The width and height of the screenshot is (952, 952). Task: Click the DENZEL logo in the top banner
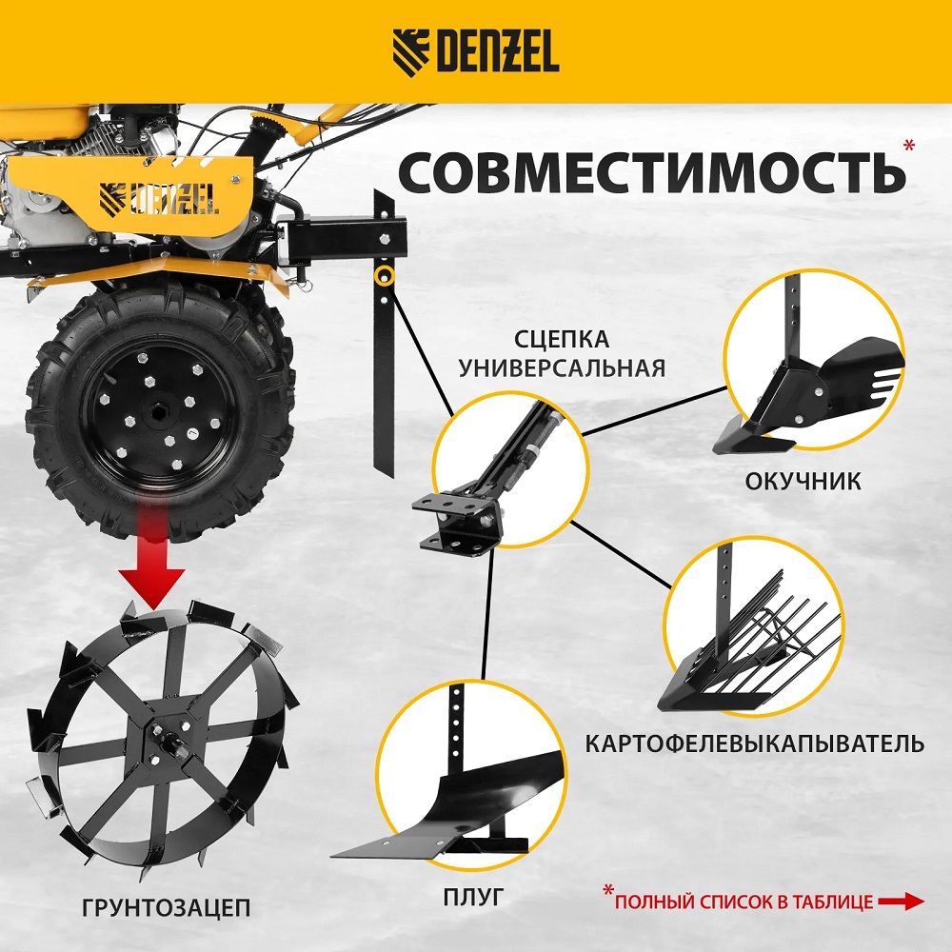point(475,52)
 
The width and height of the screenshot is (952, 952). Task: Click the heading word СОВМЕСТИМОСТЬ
point(651,171)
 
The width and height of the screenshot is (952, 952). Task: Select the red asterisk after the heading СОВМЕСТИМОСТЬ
point(909,146)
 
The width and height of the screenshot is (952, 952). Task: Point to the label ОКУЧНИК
point(803,482)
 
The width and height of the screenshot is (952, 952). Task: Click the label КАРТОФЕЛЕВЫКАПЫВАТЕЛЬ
point(755,744)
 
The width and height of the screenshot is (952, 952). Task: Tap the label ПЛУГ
point(473,896)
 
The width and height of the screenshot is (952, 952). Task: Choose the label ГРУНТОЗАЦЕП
point(166,907)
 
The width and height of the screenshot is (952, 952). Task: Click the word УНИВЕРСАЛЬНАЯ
point(562,367)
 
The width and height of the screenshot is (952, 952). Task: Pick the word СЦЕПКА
point(562,339)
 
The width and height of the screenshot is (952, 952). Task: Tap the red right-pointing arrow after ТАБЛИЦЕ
point(902,902)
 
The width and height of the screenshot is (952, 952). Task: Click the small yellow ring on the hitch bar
point(384,276)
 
